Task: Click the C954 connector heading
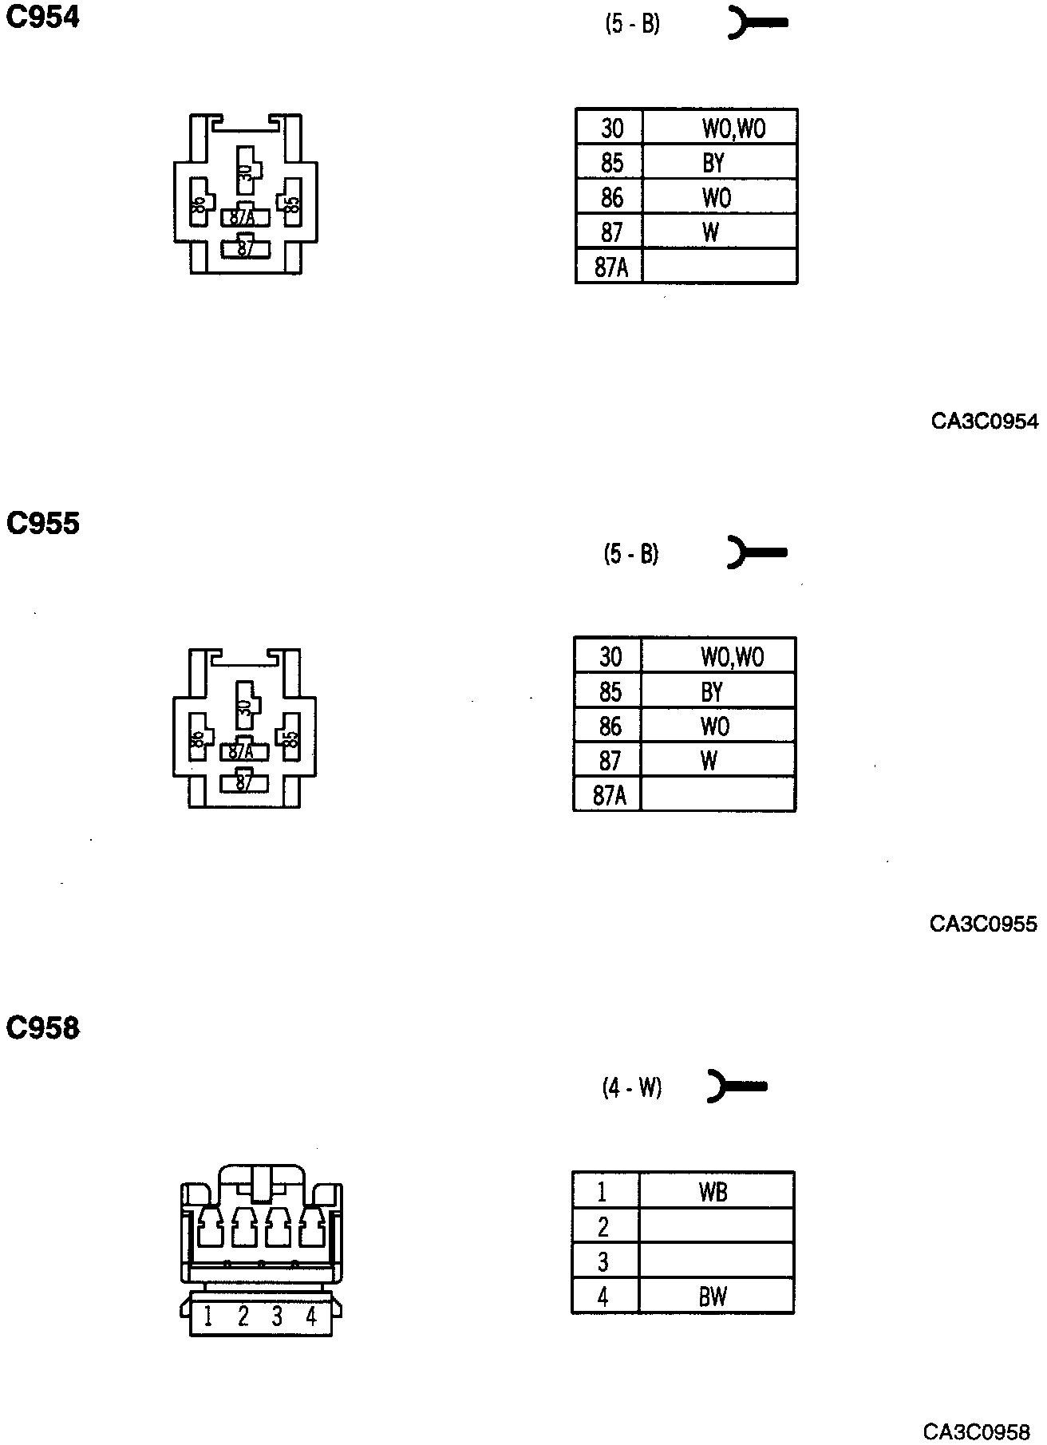43,18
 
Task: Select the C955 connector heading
43,524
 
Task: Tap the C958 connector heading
43,1028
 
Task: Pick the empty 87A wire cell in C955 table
717,795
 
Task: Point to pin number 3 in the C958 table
603,1262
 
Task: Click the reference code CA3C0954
985,422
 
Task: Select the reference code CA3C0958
977,1431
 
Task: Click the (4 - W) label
631,1087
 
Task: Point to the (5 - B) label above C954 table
632,25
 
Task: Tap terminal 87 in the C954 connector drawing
246,247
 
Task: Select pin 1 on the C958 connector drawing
208,1316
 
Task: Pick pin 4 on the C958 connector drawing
310,1316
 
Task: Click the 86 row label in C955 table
610,726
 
